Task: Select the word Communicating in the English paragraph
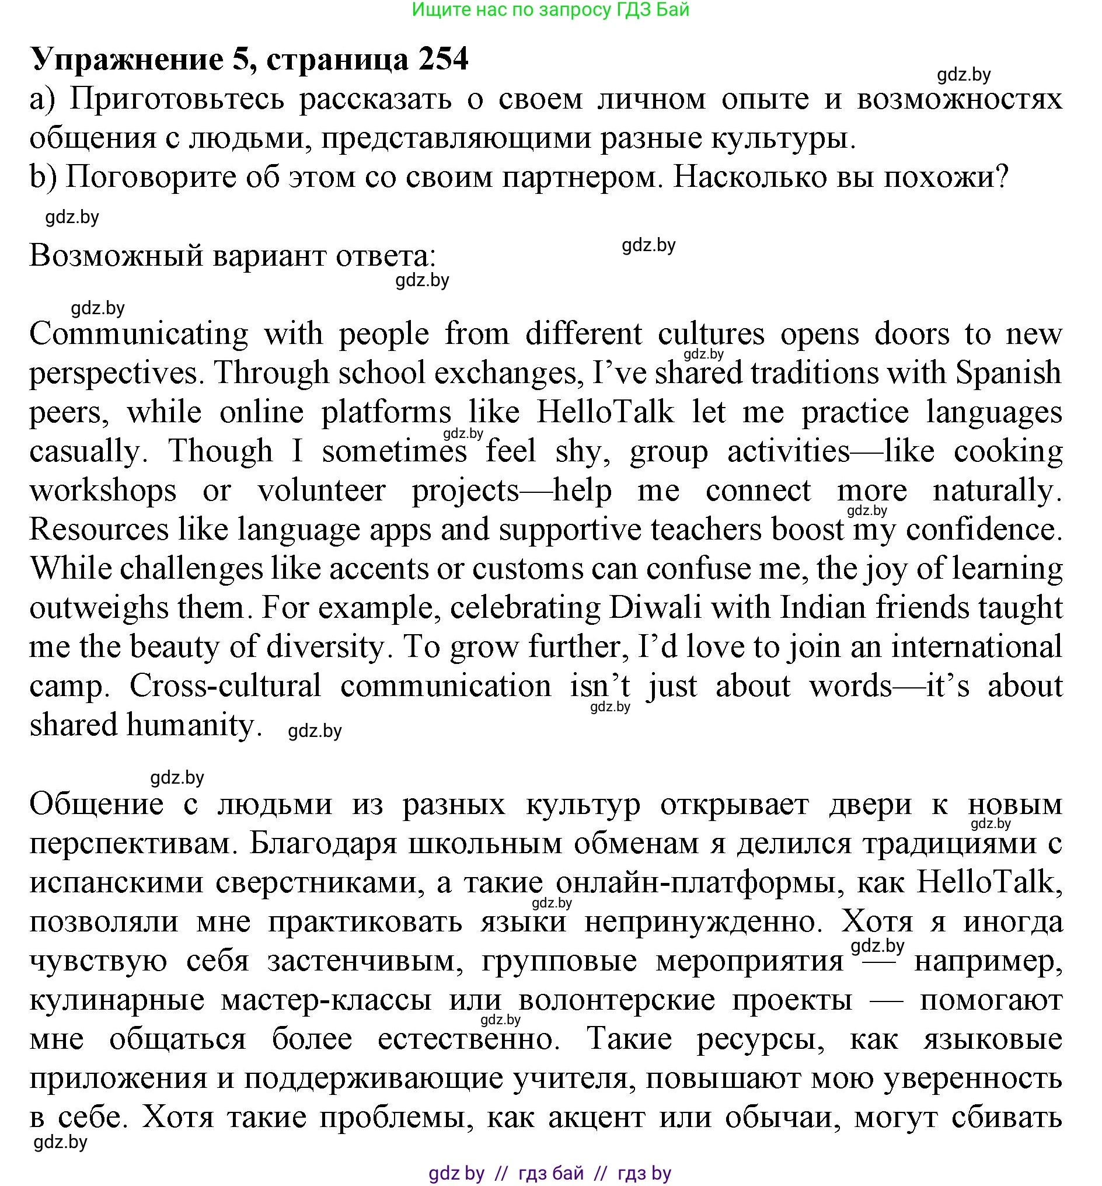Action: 138,334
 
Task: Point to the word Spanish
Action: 1009,374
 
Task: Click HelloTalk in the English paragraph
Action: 605,412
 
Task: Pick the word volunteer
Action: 321,491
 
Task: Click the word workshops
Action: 103,491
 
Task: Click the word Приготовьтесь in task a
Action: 176,99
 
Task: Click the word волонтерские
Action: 616,1000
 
